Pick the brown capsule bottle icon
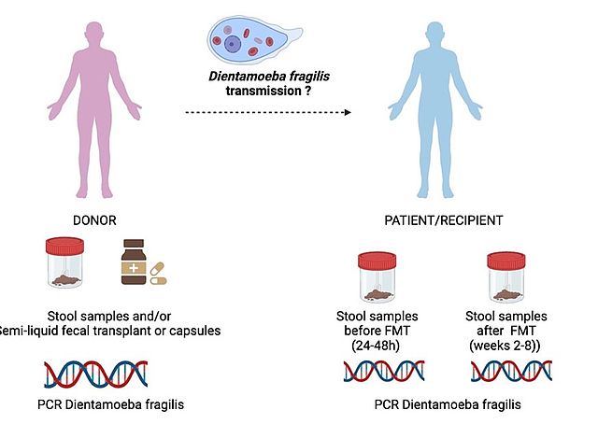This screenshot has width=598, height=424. (137, 263)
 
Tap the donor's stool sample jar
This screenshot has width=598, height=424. (67, 265)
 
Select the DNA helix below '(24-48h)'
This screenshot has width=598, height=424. (377, 371)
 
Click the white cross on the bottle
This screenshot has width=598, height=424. (137, 270)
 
